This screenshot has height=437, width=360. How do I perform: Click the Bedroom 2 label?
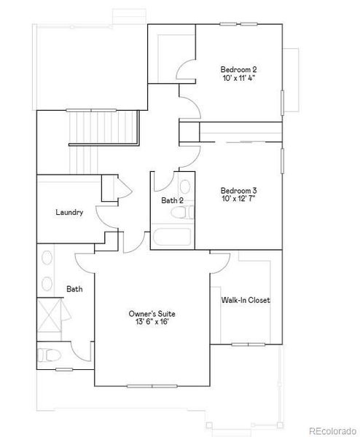(239, 70)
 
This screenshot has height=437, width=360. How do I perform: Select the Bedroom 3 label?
(239, 190)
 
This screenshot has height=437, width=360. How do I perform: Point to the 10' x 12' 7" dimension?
(239, 200)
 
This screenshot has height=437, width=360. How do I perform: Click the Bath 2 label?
(172, 200)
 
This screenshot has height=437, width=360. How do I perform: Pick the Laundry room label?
(69, 213)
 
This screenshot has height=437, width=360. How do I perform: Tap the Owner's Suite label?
(152, 314)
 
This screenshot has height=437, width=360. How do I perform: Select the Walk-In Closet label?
(246, 299)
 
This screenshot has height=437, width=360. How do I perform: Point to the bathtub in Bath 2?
(172, 237)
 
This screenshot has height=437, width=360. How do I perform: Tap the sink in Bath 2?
(184, 186)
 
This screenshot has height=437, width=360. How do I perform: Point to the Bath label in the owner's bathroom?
(74, 289)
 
